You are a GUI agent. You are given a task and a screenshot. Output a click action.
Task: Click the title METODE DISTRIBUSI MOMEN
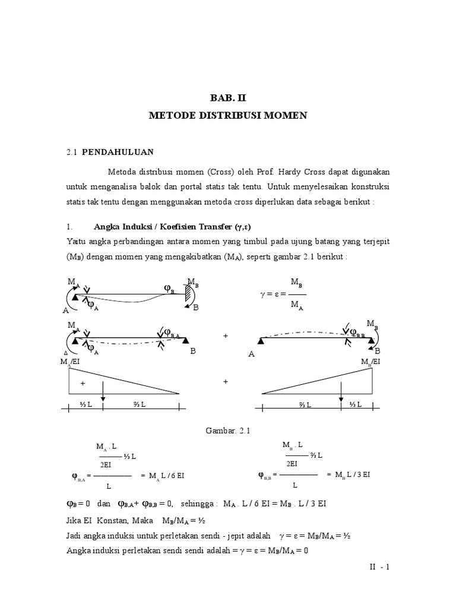(x=228, y=115)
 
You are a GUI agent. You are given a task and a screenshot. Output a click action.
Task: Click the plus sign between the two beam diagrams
(x=226, y=336)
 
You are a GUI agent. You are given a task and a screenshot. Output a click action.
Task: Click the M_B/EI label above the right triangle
(x=371, y=362)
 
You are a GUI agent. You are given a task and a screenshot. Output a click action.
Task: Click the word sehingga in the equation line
(x=198, y=503)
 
